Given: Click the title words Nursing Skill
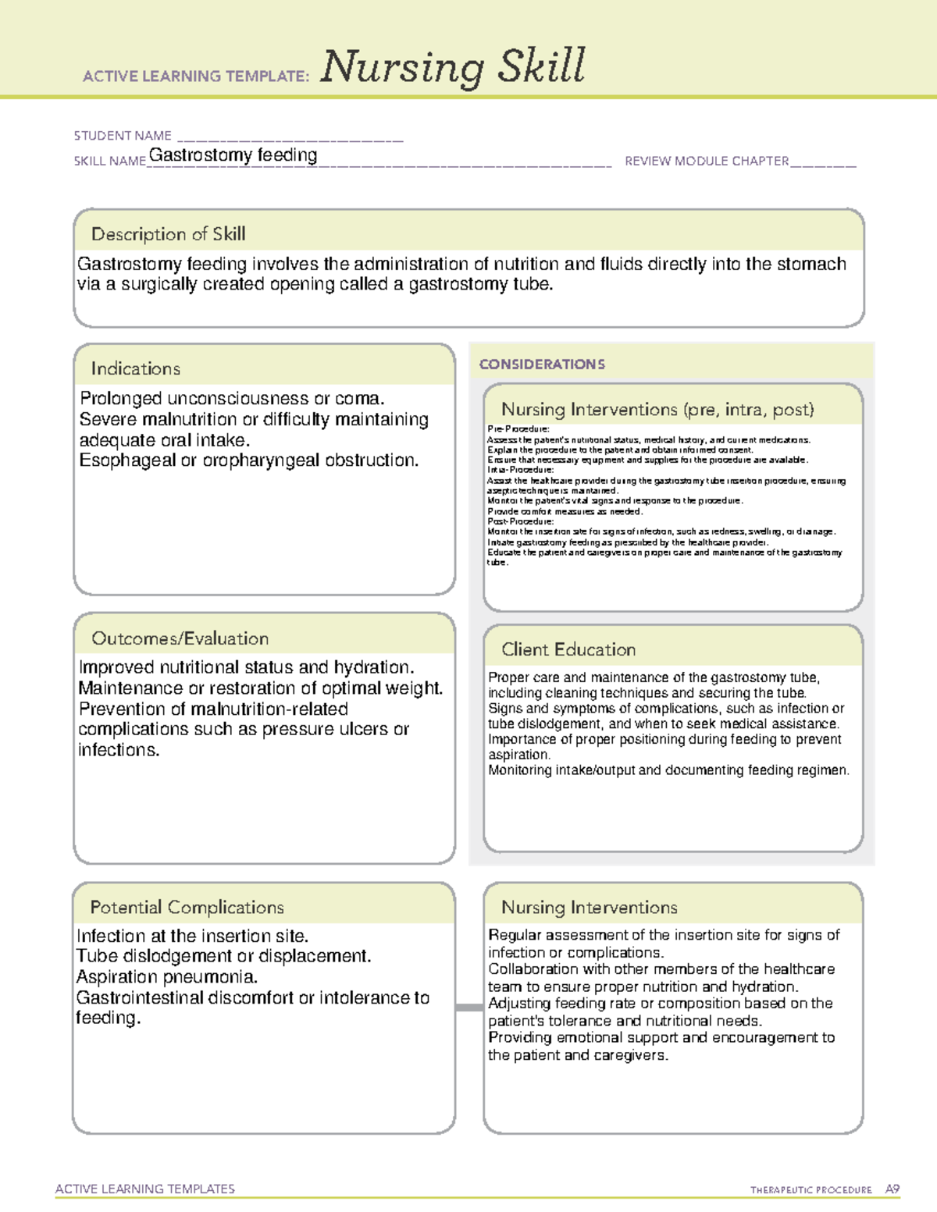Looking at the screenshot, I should tap(453, 67).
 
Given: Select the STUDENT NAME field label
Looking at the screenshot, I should tap(123, 136).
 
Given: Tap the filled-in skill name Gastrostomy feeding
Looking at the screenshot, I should tap(233, 155).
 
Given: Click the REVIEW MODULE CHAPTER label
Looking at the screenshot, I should tap(707, 162).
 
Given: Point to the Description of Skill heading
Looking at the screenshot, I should tap(168, 234).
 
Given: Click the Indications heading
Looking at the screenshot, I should tap(136, 368).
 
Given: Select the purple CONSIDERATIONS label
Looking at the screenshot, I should tap(542, 364).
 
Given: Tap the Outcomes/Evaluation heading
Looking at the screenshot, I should tap(180, 638).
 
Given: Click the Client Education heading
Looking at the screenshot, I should tap(568, 649).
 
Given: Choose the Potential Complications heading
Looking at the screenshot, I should tap(187, 908).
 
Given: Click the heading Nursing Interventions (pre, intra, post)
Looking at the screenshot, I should tap(657, 410).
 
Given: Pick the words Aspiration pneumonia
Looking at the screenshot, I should tap(167, 977).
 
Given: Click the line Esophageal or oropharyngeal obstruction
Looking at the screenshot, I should tap(249, 460).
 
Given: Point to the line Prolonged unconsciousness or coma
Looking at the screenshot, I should tap(232, 399).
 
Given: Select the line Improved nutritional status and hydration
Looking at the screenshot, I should tap(246, 668).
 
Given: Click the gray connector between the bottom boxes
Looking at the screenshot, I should tap(468, 1008).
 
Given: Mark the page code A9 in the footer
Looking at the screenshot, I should tap(892, 1189).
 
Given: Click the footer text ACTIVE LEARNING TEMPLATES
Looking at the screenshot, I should tap(145, 1189).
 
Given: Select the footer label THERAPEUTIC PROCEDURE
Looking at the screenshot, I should tap(811, 1190).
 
